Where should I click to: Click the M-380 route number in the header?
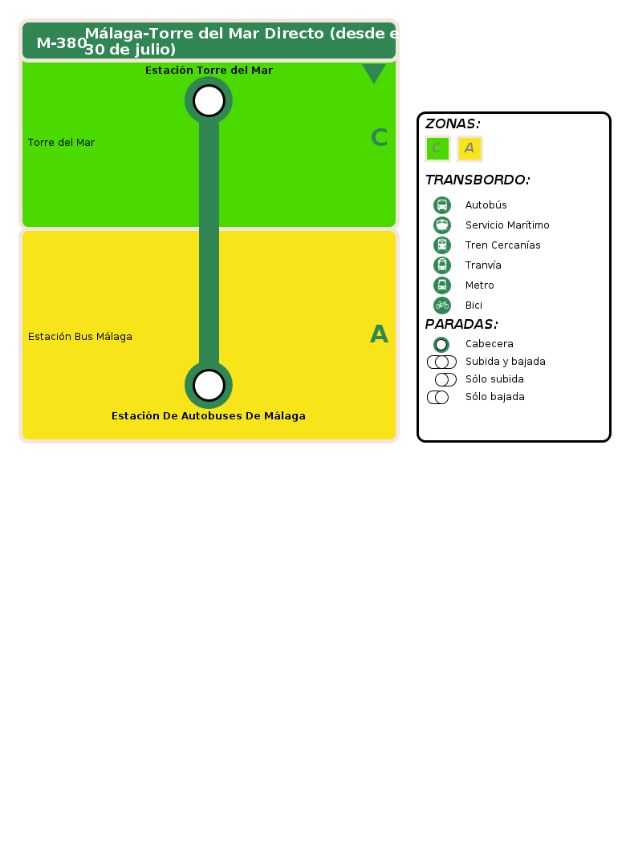pyautogui.click(x=62, y=43)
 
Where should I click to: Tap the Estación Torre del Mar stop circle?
pyautogui.click(x=209, y=101)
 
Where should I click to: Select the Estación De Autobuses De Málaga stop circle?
pyautogui.click(x=209, y=385)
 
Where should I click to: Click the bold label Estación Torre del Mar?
pyautogui.click(x=209, y=71)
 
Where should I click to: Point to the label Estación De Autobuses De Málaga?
pyautogui.click(x=209, y=415)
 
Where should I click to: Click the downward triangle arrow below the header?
pyautogui.click(x=373, y=73)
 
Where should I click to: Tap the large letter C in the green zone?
pyautogui.click(x=379, y=138)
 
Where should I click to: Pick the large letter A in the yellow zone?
pyautogui.click(x=379, y=334)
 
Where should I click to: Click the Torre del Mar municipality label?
pyautogui.click(x=61, y=143)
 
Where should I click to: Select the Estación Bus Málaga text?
pyautogui.click(x=80, y=337)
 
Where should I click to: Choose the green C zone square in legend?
pyautogui.click(x=437, y=148)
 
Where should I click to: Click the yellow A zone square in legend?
pyautogui.click(x=469, y=148)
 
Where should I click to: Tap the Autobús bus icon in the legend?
pyautogui.click(x=442, y=205)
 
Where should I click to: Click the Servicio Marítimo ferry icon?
pyautogui.click(x=442, y=225)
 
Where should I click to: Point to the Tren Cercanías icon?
pyautogui.click(x=442, y=245)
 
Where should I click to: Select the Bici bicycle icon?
pyautogui.click(x=442, y=305)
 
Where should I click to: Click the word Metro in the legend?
pyautogui.click(x=479, y=285)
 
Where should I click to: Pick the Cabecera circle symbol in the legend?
pyautogui.click(x=441, y=345)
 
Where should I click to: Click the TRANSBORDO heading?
pyautogui.click(x=478, y=180)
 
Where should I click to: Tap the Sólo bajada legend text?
pyautogui.click(x=495, y=396)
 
